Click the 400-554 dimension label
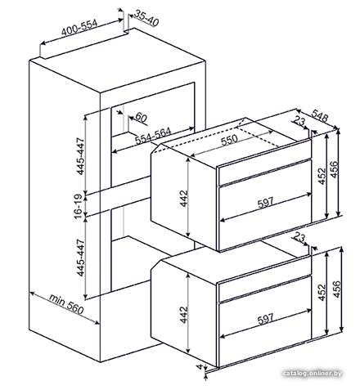pos(79,28)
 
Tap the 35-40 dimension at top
pos(147,18)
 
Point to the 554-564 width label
pos(153,136)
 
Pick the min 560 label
pos(66,304)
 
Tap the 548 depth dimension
pos(320,115)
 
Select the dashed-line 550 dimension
pos(229,140)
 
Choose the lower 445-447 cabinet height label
pos(81,258)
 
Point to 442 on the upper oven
pos(184,198)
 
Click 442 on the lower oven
pos(184,315)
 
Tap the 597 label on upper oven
pos(265,202)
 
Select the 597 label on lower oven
pos(265,319)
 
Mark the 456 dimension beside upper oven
pos(335,169)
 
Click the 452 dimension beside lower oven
pos(322,293)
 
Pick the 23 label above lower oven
pos(299,238)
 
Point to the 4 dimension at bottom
pos(202,367)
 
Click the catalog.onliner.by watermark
pos(312,373)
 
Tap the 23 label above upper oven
pos(299,121)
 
